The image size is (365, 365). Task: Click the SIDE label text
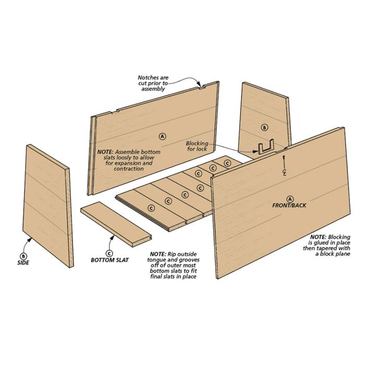click(x=23, y=263)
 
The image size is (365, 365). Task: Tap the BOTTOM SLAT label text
click(x=110, y=260)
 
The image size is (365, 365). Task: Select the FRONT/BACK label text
click(x=289, y=205)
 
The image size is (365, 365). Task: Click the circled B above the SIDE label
click(x=23, y=256)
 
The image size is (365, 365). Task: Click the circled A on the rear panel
click(x=163, y=136)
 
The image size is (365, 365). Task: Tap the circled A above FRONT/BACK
click(x=290, y=199)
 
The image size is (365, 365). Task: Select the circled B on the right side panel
click(x=264, y=128)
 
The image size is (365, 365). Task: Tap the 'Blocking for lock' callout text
click(x=197, y=146)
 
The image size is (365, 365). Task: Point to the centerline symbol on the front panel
click(x=284, y=166)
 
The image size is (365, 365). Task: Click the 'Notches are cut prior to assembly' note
click(x=153, y=83)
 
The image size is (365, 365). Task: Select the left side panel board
click(x=48, y=206)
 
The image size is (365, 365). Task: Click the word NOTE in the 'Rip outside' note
click(x=158, y=254)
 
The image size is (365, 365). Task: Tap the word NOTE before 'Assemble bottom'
click(x=105, y=152)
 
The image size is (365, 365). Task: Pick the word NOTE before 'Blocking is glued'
click(x=318, y=237)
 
